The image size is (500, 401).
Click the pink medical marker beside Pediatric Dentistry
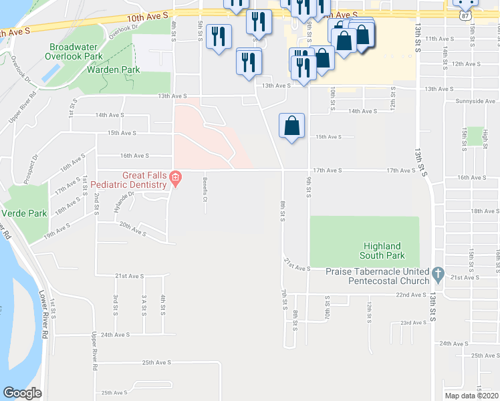tap(175, 178)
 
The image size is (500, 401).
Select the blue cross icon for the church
tap(438, 273)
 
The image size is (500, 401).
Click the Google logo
tap(22, 394)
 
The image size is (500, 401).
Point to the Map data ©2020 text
tap(471, 396)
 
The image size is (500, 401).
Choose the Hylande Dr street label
tap(124, 201)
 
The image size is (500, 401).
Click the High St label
tap(485, 136)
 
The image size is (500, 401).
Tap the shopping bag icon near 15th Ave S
tap(292, 126)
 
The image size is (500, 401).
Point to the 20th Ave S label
tap(132, 230)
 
